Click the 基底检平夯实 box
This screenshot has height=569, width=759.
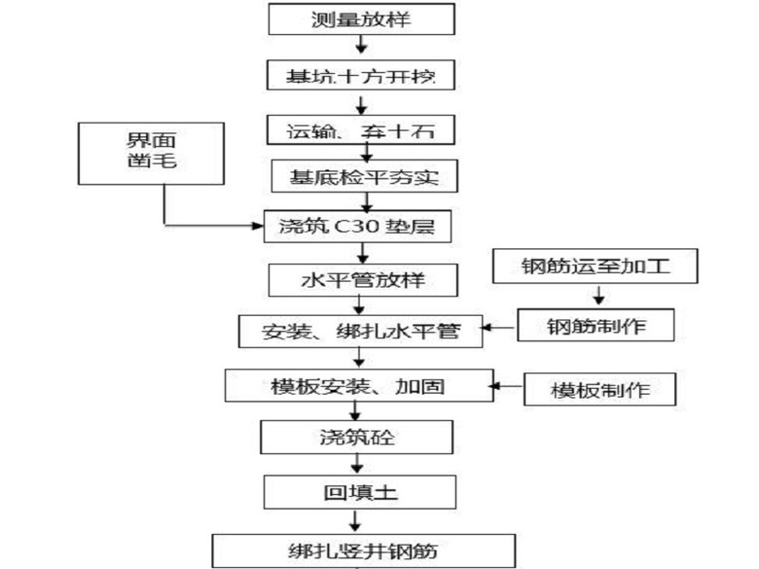pos(362,177)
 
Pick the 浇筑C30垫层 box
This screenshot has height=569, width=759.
pos(362,227)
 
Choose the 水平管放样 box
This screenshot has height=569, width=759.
pos(362,282)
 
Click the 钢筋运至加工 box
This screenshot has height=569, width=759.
pos(595,267)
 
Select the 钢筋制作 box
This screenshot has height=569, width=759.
pos(595,327)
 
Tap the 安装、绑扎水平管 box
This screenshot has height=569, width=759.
pos(362,332)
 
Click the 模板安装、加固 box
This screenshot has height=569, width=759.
pos(359,385)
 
